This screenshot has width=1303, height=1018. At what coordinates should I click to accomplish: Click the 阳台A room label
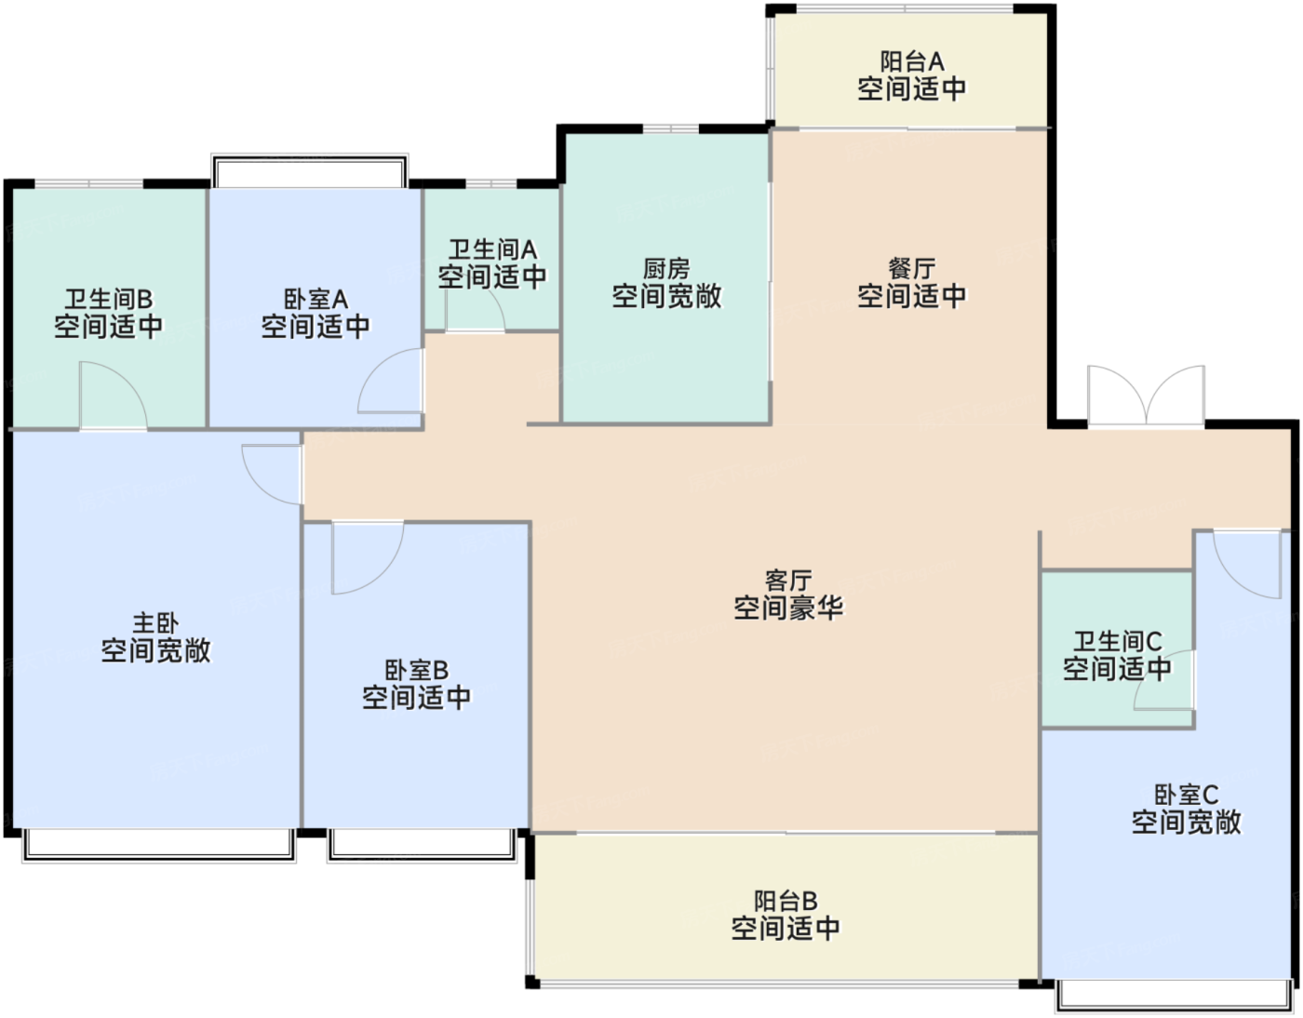[x=911, y=61]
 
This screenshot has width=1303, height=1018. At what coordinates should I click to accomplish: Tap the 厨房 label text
[x=666, y=269]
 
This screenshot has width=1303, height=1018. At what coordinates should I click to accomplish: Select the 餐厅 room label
[x=911, y=269]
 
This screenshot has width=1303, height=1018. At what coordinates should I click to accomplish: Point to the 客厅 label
[x=788, y=581]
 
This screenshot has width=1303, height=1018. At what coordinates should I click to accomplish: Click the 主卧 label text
[x=156, y=623]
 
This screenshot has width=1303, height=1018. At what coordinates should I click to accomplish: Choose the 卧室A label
[x=316, y=299]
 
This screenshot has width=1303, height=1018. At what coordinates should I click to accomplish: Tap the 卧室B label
[x=416, y=669]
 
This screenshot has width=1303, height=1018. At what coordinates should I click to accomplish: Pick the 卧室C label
[x=1186, y=795]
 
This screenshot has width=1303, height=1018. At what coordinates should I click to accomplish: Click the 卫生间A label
[x=492, y=249]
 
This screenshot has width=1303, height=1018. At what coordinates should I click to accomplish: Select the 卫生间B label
[x=109, y=299]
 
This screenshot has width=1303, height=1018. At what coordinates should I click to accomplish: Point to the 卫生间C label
[x=1117, y=641]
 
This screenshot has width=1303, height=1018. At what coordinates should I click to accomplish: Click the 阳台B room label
[x=786, y=901]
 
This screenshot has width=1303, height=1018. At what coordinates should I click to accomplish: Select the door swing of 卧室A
[x=391, y=381]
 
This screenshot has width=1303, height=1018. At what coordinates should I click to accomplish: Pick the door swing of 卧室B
[x=368, y=557]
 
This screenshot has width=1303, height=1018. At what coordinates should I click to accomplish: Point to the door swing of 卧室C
[x=1248, y=564]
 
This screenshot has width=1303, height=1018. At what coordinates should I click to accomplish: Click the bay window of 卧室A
[x=309, y=172]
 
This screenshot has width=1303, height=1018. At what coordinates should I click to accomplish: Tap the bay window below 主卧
[x=159, y=846]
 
